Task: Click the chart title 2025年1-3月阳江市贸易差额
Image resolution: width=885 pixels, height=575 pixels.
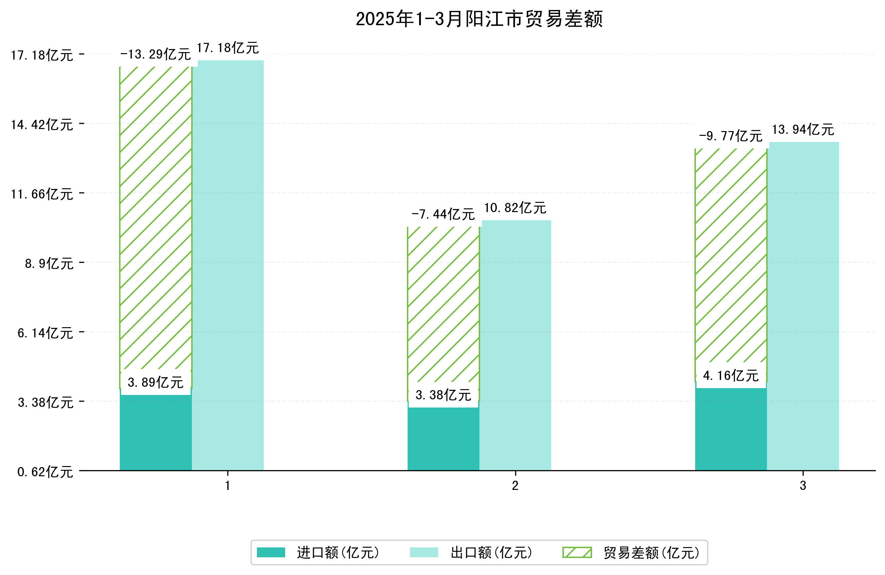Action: pos(479,19)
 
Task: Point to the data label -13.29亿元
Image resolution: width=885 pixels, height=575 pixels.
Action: pos(155,54)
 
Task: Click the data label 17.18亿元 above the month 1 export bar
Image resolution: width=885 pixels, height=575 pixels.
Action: pos(228,48)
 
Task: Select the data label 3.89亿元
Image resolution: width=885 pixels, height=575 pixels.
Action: pos(155,382)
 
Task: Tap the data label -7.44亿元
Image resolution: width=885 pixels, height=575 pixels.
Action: pos(443,214)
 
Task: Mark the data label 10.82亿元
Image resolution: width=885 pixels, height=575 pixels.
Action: pos(515,208)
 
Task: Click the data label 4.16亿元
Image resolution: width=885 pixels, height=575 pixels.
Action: pos(731,376)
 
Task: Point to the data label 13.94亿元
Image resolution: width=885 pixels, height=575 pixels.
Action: pos(803,129)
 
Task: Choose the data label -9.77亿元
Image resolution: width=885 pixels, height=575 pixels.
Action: pos(731,136)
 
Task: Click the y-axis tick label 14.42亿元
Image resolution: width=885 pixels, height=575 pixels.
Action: pos(42,125)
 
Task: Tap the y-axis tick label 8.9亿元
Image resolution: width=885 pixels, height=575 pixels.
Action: pos(49,263)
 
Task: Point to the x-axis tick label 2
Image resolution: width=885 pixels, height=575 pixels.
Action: pos(515,486)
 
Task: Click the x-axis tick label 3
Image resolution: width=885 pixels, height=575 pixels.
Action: pos(803,486)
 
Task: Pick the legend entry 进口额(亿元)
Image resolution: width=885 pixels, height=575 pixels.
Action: pos(338,553)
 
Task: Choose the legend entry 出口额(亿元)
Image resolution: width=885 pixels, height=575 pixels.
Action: pos(491,553)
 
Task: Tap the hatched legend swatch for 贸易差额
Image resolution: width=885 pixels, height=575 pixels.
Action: pos(577,553)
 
